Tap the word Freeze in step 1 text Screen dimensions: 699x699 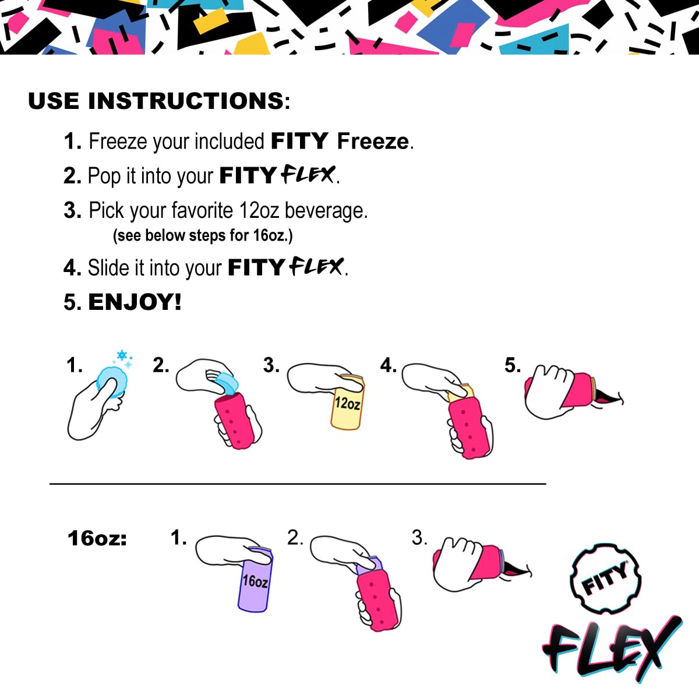click(x=373, y=141)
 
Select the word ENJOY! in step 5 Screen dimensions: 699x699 click(x=135, y=302)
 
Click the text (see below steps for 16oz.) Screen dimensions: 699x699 click(x=203, y=235)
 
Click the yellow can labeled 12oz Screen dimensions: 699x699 click(x=347, y=408)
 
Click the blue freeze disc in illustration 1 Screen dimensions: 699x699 click(x=112, y=382)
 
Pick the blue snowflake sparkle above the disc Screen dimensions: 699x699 click(x=123, y=355)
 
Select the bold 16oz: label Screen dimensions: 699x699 click(x=97, y=538)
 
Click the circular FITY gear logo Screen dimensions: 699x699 click(x=605, y=579)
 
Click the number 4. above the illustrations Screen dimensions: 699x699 click(x=388, y=365)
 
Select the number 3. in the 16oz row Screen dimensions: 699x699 click(x=419, y=537)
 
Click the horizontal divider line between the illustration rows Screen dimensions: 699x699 click(x=298, y=483)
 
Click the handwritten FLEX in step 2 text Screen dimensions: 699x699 click(x=309, y=175)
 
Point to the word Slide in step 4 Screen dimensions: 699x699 click(x=109, y=268)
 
